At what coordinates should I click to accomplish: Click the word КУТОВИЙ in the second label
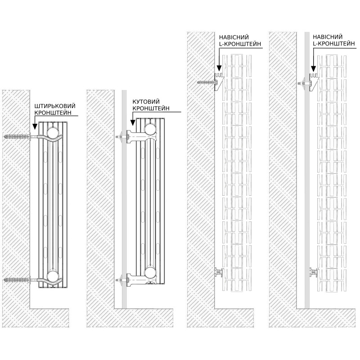pyautogui.click(x=145, y=102)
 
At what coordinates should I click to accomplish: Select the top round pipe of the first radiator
pyautogui.click(x=52, y=132)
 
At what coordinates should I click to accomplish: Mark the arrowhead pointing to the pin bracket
pyautogui.click(x=34, y=127)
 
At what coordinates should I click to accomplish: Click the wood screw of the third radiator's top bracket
pyautogui.click(x=206, y=82)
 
